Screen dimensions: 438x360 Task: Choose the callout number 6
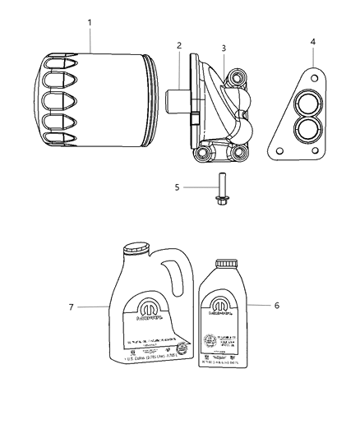point(275,305)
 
